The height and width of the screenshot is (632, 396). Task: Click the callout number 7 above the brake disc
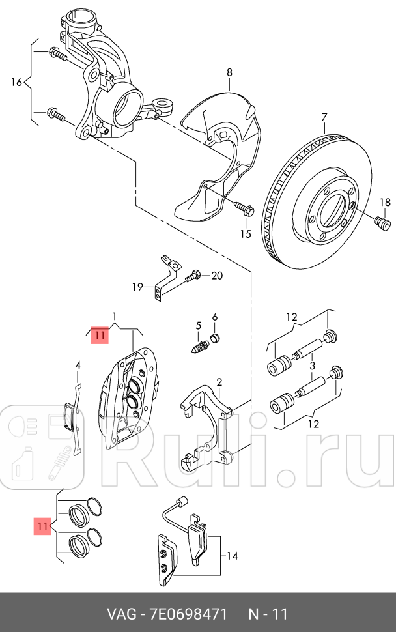[x=324, y=117]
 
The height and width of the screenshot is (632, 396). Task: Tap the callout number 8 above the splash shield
[x=229, y=73]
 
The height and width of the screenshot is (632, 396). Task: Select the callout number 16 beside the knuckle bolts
[x=17, y=82]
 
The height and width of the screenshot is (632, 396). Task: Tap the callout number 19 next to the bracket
[x=137, y=287]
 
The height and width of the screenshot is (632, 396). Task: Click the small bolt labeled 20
[x=193, y=276]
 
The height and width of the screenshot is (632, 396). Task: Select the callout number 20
[x=216, y=276]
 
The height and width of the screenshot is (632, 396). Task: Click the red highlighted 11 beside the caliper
[x=98, y=336]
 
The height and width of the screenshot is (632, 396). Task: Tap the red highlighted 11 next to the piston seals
[x=42, y=525]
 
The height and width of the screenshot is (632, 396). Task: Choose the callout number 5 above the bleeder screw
[x=199, y=325]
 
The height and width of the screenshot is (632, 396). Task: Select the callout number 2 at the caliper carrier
[x=219, y=382]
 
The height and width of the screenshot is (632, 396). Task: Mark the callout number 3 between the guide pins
[x=312, y=366]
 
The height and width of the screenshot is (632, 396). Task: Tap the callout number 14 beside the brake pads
[x=232, y=556]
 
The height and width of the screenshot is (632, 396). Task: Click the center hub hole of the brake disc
[x=331, y=210]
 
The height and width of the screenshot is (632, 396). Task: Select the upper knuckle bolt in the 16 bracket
[x=57, y=53]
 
